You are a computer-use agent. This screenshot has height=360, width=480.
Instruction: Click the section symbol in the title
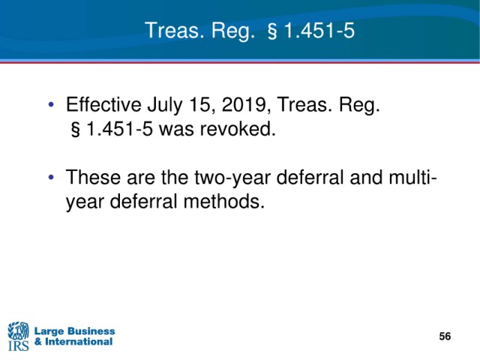click(272, 31)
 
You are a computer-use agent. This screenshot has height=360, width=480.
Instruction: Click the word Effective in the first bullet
click(103, 104)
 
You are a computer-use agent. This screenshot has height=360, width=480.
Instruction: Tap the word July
click(165, 106)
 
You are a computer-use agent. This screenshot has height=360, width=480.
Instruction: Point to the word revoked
click(238, 129)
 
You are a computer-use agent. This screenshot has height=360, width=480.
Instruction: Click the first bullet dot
click(51, 104)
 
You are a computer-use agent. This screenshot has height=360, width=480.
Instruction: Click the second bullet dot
click(51, 177)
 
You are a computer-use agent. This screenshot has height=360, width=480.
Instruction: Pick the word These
click(93, 178)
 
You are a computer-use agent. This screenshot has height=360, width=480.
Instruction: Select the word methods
click(223, 202)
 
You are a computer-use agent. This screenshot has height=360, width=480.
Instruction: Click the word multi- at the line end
click(412, 177)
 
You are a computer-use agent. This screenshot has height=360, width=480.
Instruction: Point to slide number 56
click(445, 336)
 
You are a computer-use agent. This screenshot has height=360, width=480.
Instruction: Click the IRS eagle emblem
click(18, 330)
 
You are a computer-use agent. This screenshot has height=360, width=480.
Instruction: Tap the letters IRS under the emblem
click(18, 345)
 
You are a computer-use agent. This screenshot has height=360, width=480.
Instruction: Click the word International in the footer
click(79, 342)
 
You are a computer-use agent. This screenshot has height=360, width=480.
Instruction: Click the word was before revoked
click(176, 130)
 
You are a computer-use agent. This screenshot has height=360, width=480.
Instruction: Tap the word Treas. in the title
click(175, 31)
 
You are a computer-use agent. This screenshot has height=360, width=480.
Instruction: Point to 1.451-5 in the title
click(319, 31)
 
